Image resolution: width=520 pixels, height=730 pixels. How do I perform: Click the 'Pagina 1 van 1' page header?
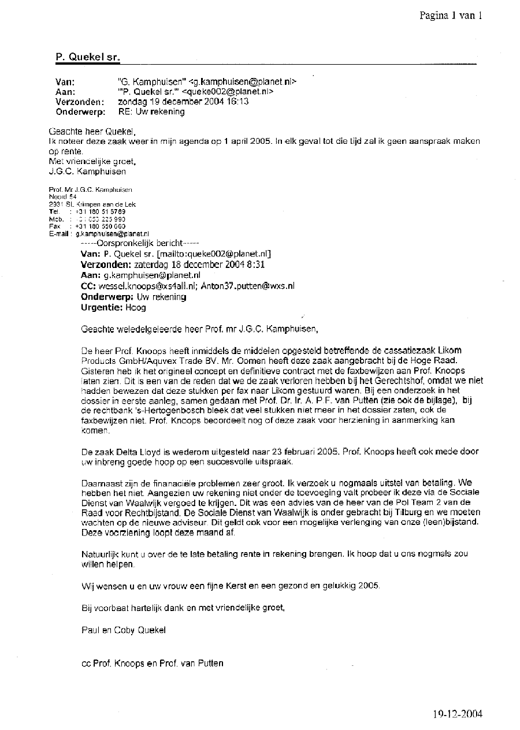click(x=450, y=16)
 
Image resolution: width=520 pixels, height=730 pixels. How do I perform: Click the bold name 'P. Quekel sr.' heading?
click(x=88, y=57)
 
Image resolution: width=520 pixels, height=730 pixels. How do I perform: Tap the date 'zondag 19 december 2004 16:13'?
click(x=183, y=102)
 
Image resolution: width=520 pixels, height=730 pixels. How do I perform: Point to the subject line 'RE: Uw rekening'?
click(x=151, y=111)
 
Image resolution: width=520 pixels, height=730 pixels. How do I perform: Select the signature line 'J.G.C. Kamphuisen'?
click(x=87, y=171)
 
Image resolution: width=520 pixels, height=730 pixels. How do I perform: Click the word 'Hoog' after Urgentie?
click(x=136, y=307)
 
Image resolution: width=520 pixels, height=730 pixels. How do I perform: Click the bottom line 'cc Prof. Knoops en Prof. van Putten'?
click(x=153, y=663)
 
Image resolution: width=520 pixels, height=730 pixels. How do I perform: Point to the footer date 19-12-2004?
click(x=457, y=714)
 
